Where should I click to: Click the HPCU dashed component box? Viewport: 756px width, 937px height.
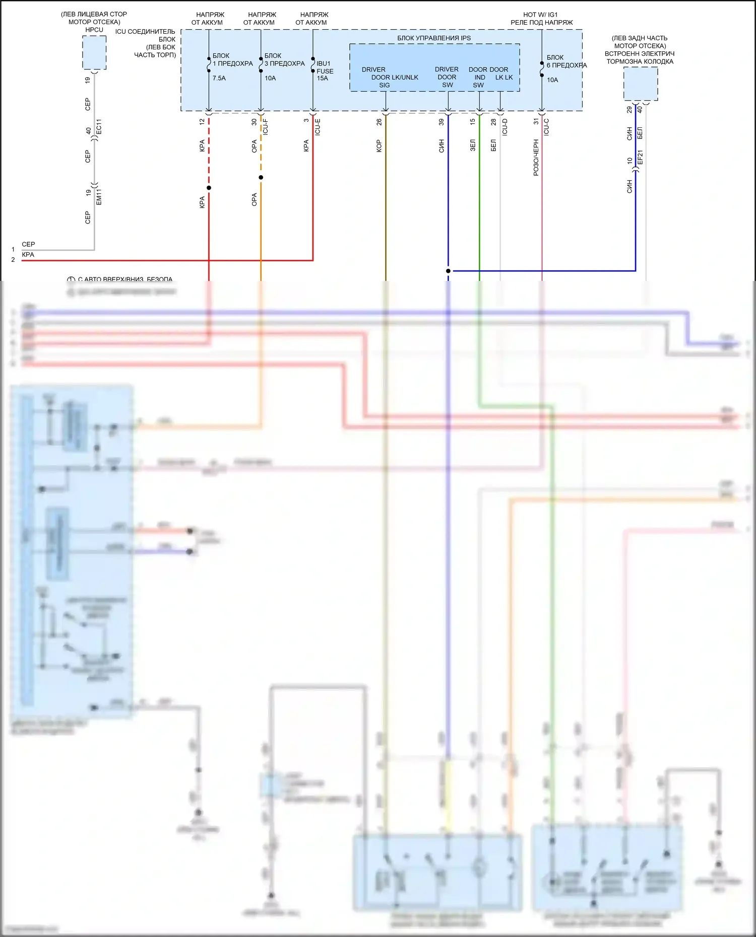(94, 52)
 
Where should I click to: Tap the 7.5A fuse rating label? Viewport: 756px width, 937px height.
(219, 79)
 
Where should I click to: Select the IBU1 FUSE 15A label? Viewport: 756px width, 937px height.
(324, 71)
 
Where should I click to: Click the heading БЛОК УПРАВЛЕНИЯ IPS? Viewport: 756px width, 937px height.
(433, 38)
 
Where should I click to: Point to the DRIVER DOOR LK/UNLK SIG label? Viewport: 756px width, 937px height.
(389, 78)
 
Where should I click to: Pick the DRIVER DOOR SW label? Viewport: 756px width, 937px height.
(447, 78)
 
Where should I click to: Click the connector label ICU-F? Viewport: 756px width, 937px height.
(266, 126)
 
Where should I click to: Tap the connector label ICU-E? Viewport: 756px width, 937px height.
(318, 126)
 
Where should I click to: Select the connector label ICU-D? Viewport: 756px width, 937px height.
(505, 126)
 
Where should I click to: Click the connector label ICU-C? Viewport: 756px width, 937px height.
(546, 126)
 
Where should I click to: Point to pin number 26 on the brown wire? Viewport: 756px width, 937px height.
(379, 122)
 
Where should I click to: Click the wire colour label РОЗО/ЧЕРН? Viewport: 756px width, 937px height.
(536, 158)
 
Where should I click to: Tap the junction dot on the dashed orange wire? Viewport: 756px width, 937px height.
(261, 178)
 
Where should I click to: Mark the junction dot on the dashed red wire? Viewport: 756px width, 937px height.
(209, 188)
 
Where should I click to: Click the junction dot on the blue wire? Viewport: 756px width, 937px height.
(448, 271)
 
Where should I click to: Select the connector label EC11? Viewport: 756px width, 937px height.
(99, 126)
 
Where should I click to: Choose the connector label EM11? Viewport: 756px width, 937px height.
(99, 197)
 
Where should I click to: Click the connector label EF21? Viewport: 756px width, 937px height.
(640, 157)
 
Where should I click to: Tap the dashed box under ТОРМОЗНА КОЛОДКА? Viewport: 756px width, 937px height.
(640, 84)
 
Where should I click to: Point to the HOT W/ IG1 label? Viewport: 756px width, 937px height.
(540, 15)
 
